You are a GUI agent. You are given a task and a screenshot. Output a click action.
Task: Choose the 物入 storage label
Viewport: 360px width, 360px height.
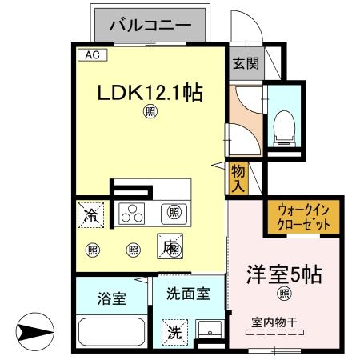(x=238, y=178)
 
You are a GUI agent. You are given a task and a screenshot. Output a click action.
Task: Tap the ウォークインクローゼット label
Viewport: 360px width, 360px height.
(x=303, y=217)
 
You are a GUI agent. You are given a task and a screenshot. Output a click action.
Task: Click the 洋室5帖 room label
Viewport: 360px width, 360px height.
(x=285, y=274)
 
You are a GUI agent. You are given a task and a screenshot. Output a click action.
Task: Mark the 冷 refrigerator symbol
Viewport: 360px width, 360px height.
(x=93, y=214)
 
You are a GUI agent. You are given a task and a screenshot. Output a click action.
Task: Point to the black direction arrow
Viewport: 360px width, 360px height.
(x=34, y=330)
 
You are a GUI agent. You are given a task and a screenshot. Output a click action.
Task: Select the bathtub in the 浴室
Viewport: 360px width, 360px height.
(x=110, y=331)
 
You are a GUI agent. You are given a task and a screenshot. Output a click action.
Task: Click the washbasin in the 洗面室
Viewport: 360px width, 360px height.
(x=210, y=330)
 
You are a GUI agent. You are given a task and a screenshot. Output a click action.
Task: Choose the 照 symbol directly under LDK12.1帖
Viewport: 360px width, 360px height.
(x=150, y=111)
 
